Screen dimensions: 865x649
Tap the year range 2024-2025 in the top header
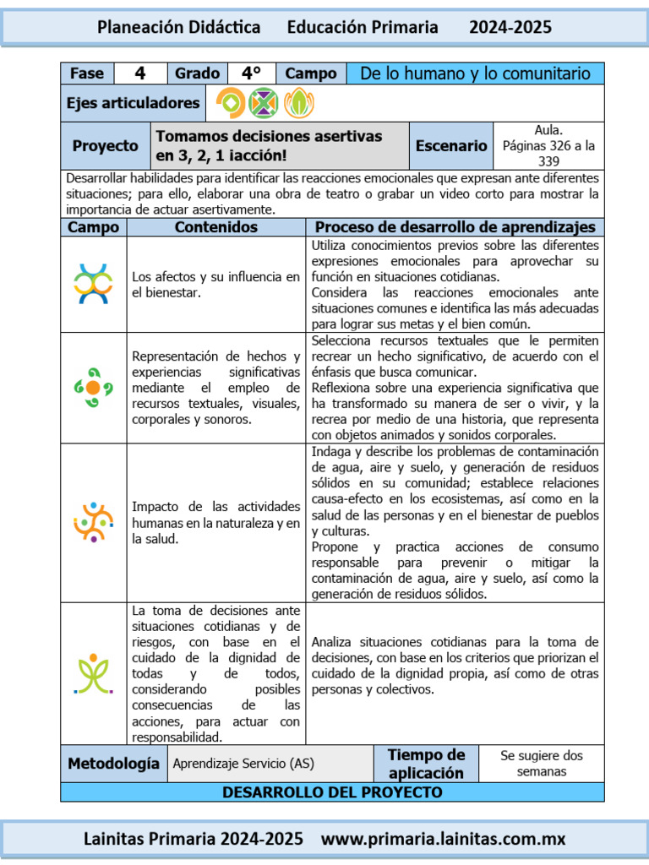[x=510, y=27]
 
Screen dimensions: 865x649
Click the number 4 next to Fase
[x=140, y=73]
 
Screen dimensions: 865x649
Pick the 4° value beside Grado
[x=251, y=73]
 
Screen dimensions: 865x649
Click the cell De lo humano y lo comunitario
[x=475, y=73]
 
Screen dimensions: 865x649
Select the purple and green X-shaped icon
[x=264, y=103]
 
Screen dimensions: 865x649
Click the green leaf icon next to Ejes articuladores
[x=297, y=103]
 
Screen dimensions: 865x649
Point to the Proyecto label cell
[x=105, y=145]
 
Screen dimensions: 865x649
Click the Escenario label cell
[x=450, y=145]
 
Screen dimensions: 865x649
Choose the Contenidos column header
[x=215, y=227]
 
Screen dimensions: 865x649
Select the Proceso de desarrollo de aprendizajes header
[x=455, y=227]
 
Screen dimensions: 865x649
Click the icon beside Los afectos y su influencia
[x=93, y=284]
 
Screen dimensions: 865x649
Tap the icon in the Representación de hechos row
[x=93, y=388]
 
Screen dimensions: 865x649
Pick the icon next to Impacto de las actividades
[x=93, y=522]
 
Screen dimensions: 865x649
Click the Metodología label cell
[x=113, y=764]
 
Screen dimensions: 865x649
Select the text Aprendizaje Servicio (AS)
[x=243, y=764]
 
